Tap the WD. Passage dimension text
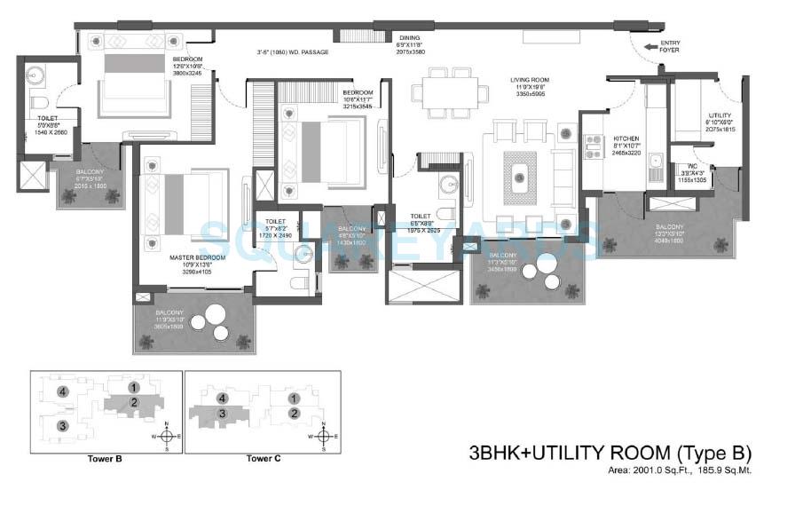pos(292,53)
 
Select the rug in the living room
pos(520,172)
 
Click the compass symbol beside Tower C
pos(325,436)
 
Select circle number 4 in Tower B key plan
pos(62,391)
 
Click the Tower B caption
pos(106,459)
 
